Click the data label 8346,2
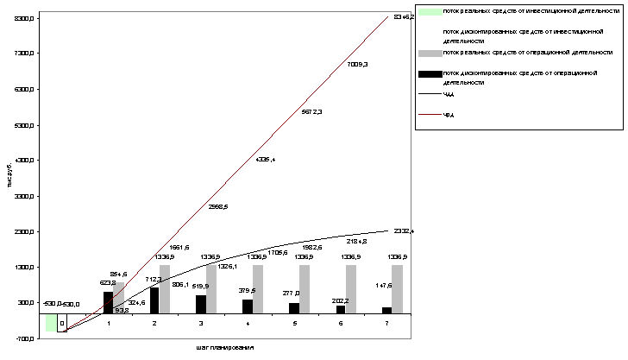tap(403, 17)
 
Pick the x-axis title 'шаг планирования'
tap(224, 346)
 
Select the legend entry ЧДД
tap(449, 94)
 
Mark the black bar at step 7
tap(386, 310)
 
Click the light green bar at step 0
tap(51, 322)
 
